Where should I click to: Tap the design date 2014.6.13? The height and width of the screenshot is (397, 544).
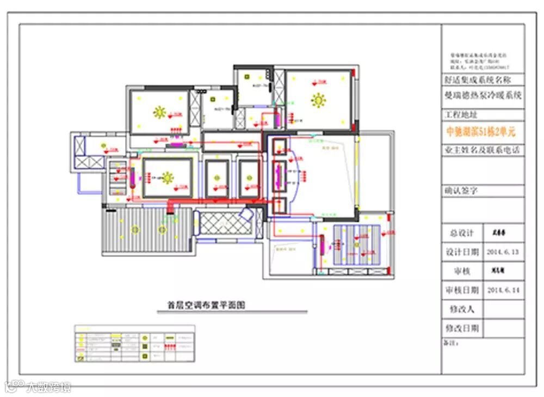coord(503,252)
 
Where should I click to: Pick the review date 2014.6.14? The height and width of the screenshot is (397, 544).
coord(503,290)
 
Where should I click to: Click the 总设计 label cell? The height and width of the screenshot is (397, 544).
coord(461,233)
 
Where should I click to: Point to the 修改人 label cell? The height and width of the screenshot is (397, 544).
coord(461,309)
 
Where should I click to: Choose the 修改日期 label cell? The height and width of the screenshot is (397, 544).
coord(461,328)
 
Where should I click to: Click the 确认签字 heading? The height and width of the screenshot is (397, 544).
coord(461,191)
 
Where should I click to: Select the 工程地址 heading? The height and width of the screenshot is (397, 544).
coord(461,115)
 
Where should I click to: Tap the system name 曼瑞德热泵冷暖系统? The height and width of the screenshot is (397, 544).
coord(483,95)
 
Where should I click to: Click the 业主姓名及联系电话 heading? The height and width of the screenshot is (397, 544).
coord(482,150)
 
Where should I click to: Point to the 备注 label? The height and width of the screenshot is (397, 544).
coord(452,344)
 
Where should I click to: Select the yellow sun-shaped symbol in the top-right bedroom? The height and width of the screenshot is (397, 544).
coord(318,100)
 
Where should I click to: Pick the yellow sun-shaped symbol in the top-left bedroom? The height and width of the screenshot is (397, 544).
coord(159,112)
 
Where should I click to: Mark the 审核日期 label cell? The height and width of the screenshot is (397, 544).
coord(461,290)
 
